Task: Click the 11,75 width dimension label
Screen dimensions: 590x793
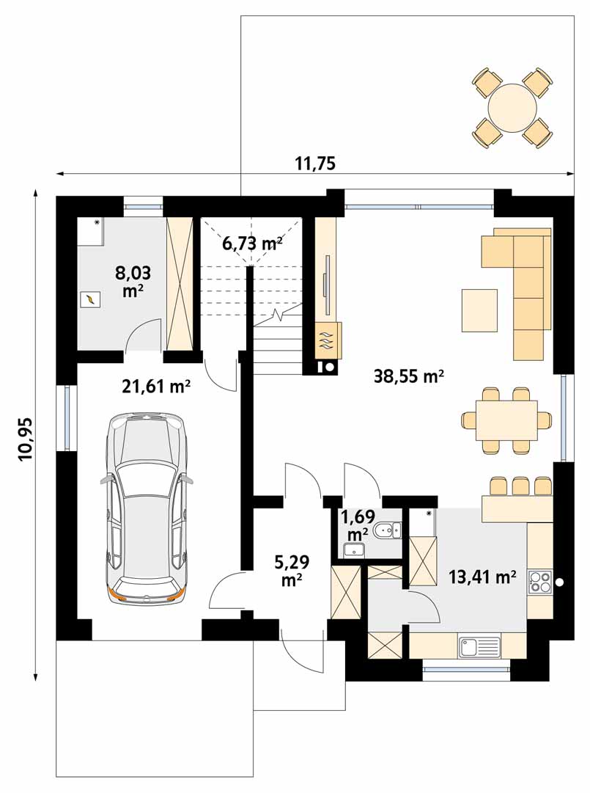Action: pyautogui.click(x=315, y=164)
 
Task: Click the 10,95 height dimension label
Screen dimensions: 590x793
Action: pyautogui.click(x=25, y=439)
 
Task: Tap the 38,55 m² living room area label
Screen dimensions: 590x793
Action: pyautogui.click(x=409, y=376)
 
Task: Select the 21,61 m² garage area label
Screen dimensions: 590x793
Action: pyautogui.click(x=156, y=387)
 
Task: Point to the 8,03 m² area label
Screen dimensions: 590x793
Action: pyautogui.click(x=133, y=281)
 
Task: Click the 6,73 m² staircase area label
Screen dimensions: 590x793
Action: pyautogui.click(x=251, y=244)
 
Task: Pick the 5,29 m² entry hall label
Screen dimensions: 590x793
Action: pyautogui.click(x=292, y=571)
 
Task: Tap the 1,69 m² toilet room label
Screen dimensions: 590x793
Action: pyautogui.click(x=358, y=525)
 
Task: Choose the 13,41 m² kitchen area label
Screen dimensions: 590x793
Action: pyautogui.click(x=482, y=577)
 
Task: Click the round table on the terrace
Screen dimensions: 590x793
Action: pyautogui.click(x=512, y=109)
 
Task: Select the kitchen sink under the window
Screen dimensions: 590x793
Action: pyautogui.click(x=479, y=647)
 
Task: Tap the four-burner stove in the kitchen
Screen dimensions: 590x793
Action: pyautogui.click(x=540, y=581)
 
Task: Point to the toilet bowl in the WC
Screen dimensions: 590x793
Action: pyautogui.click(x=386, y=530)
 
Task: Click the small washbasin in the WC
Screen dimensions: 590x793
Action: pyautogui.click(x=354, y=549)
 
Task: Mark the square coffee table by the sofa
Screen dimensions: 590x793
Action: pyautogui.click(x=479, y=310)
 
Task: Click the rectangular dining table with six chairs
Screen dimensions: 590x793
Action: pyautogui.click(x=506, y=420)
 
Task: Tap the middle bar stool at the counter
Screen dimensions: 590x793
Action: pyautogui.click(x=520, y=486)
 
